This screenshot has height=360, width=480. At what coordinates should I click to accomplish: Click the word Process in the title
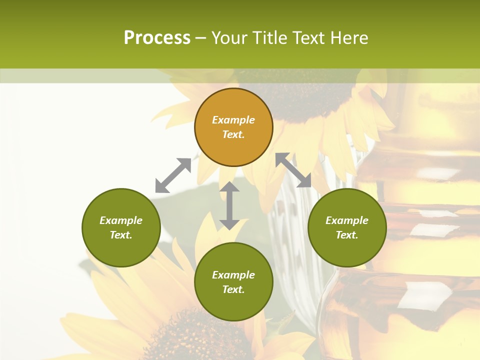pyautogui.click(x=157, y=38)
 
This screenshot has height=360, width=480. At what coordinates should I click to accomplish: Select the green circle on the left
pyautogui.click(x=121, y=227)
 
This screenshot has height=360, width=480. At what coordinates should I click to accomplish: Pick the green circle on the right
pyautogui.click(x=347, y=227)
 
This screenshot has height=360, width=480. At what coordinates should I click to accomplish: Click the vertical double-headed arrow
pyautogui.click(x=229, y=205)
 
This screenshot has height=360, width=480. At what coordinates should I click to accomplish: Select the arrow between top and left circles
pyautogui.click(x=173, y=175)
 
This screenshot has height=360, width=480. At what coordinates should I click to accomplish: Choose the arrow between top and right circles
pyautogui.click(x=293, y=170)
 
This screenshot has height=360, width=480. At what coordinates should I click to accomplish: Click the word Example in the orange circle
pyautogui.click(x=233, y=120)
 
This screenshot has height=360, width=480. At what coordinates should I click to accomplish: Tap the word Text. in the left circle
pyautogui.click(x=121, y=235)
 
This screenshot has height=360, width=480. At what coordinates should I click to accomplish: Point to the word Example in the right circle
pyautogui.click(x=347, y=220)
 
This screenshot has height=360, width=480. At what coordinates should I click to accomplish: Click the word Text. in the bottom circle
pyautogui.click(x=233, y=289)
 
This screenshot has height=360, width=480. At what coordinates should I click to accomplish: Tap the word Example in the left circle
pyautogui.click(x=121, y=220)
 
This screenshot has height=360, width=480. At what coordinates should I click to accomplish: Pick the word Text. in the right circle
pyautogui.click(x=347, y=235)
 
